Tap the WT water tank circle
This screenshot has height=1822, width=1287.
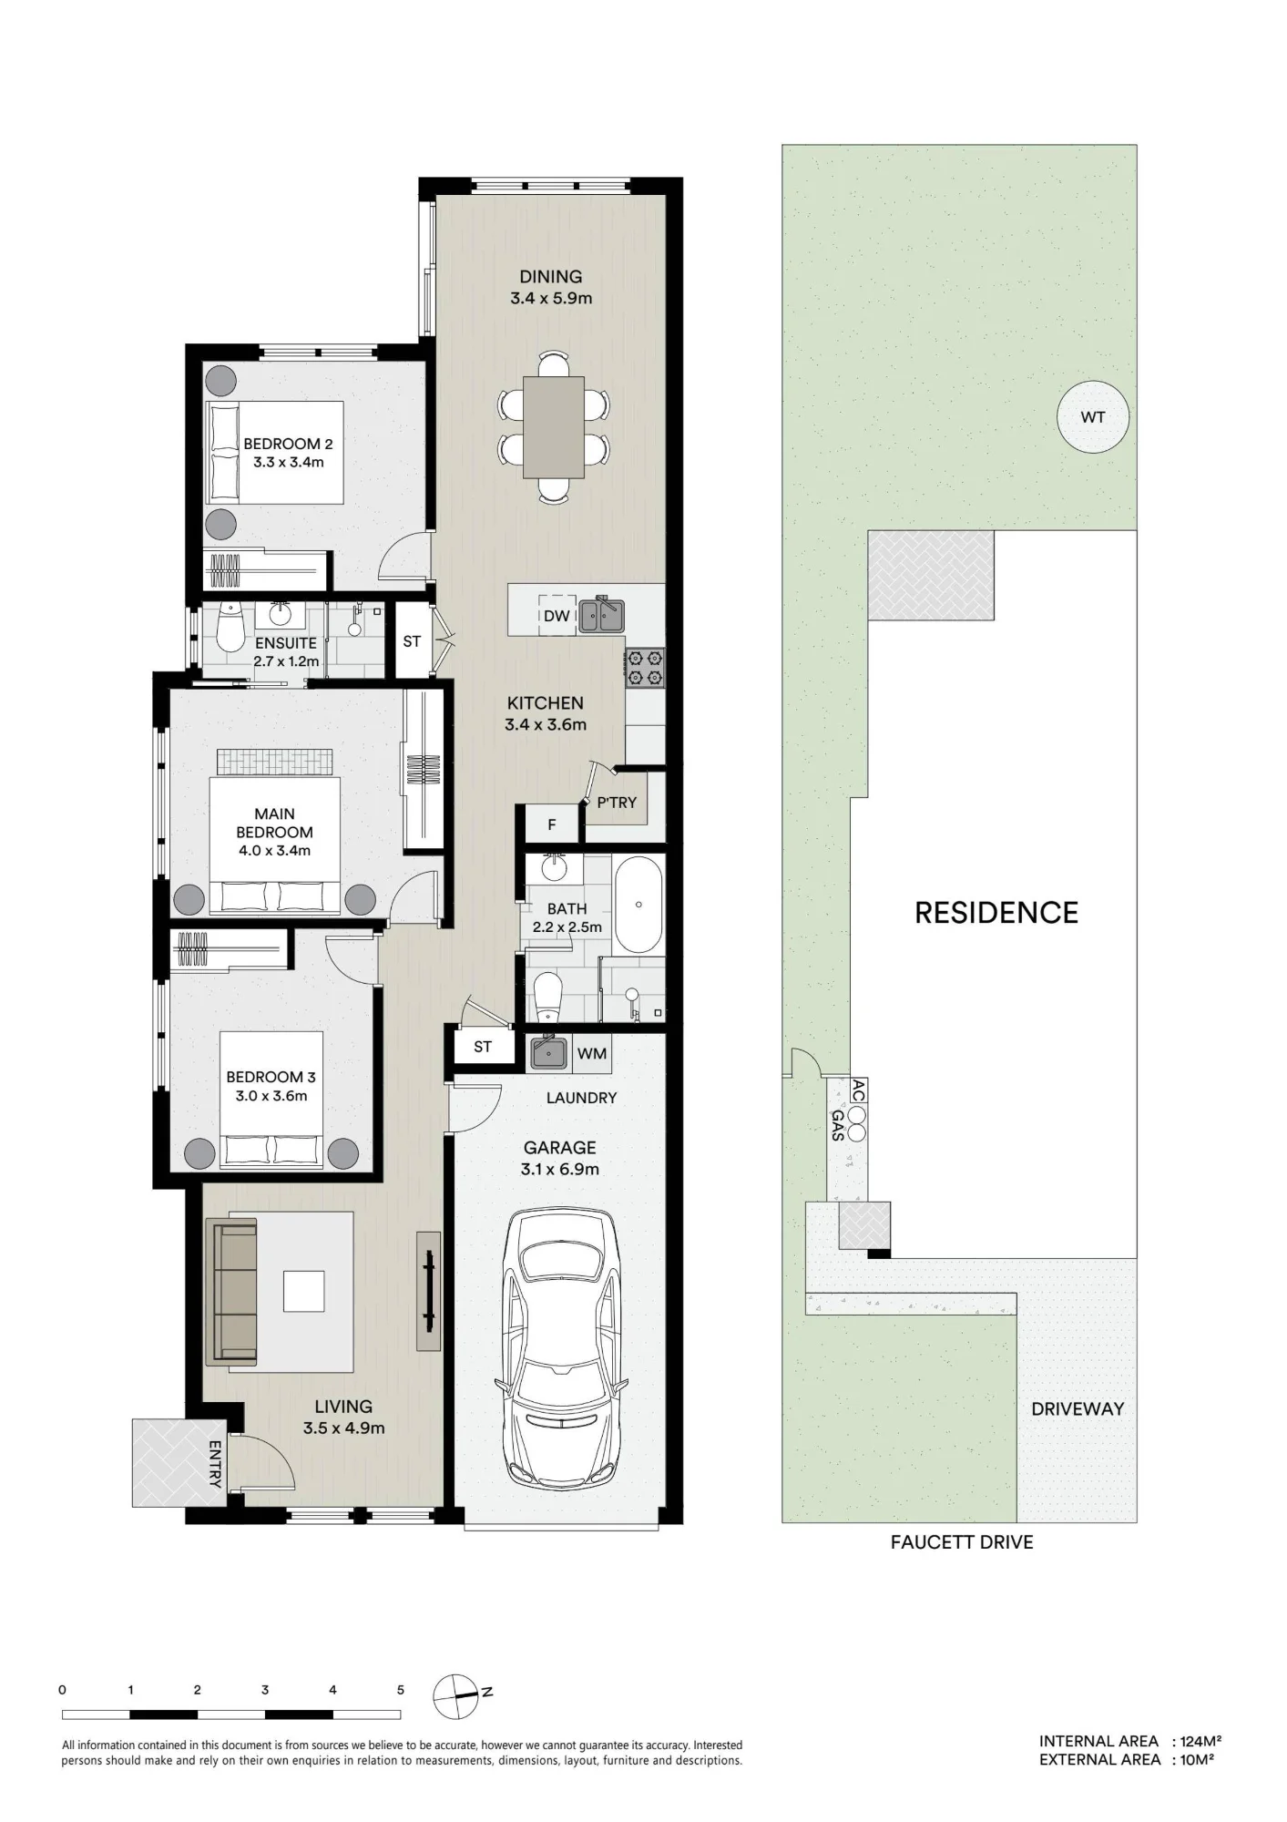coord(1093,417)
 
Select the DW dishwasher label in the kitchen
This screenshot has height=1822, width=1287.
coord(557,616)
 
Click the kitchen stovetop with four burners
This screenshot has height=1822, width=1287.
coord(645,668)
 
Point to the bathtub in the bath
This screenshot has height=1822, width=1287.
coord(639,905)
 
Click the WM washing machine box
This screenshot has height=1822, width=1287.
coord(592,1054)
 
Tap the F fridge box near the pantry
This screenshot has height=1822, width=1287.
coord(551,825)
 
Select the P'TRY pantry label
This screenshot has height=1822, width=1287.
coord(617,803)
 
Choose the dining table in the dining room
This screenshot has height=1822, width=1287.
coord(553,427)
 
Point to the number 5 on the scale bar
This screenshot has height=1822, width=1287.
coord(400,1690)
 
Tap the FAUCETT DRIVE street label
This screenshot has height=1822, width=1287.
coord(962,1542)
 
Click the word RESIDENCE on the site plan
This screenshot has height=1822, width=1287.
coord(996,913)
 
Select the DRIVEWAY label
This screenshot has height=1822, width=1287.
coord(1078,1408)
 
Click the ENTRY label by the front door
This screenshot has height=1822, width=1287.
coord(216,1464)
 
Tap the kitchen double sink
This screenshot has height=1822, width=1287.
coord(601,614)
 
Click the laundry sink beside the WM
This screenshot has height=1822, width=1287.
coord(549,1052)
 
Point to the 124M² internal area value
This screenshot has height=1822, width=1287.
coord(1200,1741)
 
